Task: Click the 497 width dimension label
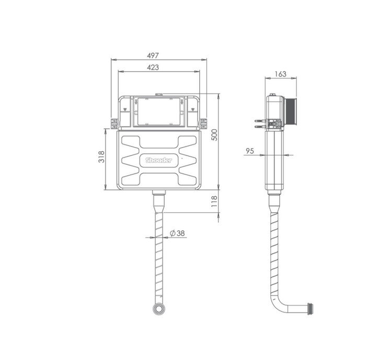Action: click(x=153, y=55)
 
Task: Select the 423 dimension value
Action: click(x=153, y=67)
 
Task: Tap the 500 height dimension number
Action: click(x=214, y=135)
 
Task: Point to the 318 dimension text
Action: click(x=101, y=157)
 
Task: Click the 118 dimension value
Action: click(x=214, y=201)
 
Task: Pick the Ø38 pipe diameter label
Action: click(x=177, y=233)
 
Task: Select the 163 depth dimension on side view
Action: click(x=281, y=74)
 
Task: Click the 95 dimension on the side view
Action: click(x=250, y=151)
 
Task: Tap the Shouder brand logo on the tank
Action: click(x=159, y=160)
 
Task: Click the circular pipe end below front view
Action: click(x=159, y=309)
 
